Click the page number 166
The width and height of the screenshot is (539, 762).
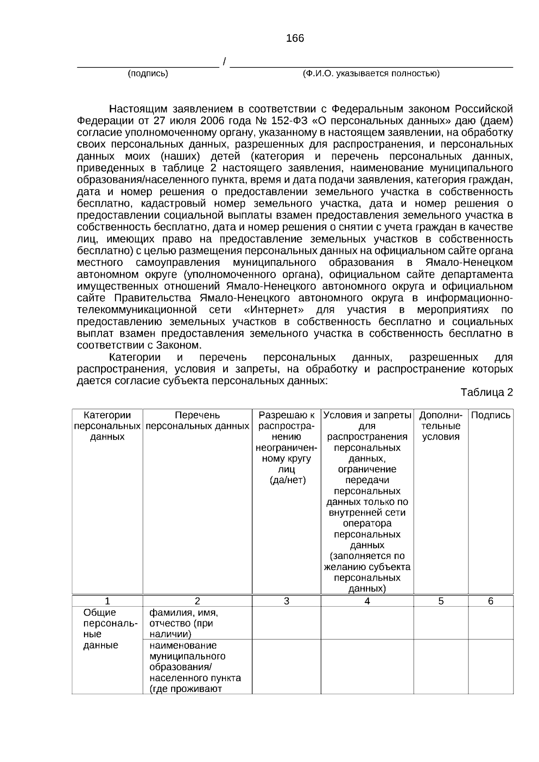click(295, 39)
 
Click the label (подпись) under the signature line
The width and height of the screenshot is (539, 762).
click(148, 74)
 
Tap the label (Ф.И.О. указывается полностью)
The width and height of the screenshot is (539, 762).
click(371, 74)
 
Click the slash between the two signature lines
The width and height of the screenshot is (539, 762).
click(224, 62)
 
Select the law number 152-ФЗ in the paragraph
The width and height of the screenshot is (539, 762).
click(282, 121)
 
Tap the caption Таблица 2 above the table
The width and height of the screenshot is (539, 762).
click(486, 392)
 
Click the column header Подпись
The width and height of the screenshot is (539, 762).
click(490, 415)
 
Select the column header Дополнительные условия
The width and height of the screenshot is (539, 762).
click(441, 426)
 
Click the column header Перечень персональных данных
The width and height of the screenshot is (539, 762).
click(197, 421)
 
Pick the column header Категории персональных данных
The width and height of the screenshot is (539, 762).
click(107, 426)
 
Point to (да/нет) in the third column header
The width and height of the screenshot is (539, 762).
click(287, 480)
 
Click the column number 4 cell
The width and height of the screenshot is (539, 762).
click(367, 601)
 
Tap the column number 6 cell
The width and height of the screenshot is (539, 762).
click(490, 601)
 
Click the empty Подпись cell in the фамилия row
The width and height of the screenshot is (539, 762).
click(490, 623)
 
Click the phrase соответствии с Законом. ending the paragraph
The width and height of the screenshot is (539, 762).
click(139, 346)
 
